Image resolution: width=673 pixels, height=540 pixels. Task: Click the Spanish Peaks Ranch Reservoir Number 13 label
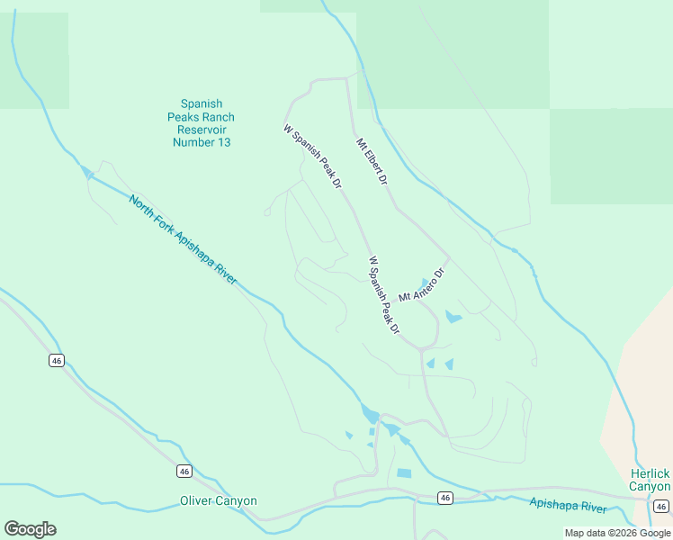[201, 123]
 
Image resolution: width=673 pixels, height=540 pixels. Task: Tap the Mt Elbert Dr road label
[371, 161]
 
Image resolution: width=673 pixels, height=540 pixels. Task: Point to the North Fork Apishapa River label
[183, 240]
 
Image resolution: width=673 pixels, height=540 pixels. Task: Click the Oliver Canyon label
[219, 501]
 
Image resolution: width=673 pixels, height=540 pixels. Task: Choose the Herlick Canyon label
[649, 480]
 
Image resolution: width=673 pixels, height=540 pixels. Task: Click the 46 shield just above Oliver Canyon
[184, 471]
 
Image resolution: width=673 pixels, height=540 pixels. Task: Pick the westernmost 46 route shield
[57, 360]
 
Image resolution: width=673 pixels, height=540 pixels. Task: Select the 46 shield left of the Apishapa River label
[444, 498]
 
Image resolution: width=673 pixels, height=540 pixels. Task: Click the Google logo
[30, 529]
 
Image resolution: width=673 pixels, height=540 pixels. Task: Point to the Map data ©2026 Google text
[617, 534]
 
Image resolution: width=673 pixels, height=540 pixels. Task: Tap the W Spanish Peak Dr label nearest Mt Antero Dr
[383, 296]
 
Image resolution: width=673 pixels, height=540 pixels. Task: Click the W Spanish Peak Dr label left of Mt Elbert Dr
[313, 157]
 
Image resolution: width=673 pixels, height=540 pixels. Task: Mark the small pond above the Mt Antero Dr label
[424, 283]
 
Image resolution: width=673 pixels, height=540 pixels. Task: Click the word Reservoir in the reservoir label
[201, 130]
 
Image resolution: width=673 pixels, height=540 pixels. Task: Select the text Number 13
[201, 142]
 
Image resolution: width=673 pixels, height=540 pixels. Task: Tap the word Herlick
[649, 473]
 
